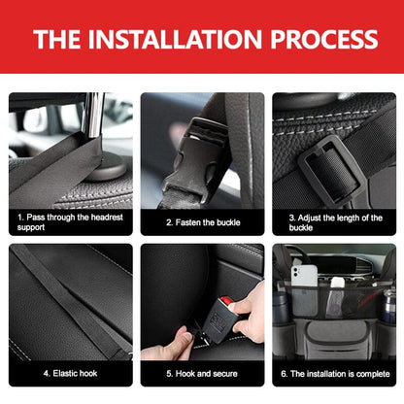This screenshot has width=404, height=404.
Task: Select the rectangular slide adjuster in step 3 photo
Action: click(330, 165)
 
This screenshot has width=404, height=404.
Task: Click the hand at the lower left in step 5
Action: click(165, 342)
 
